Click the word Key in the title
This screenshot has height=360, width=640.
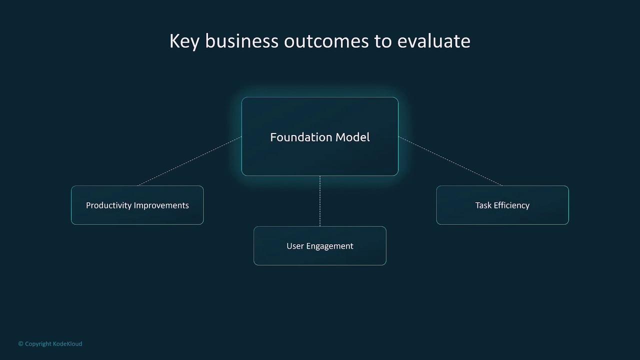click(x=184, y=41)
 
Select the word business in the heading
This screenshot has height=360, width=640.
click(x=241, y=41)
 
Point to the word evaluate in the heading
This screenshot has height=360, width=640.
click(x=433, y=41)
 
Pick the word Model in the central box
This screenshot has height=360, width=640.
click(x=352, y=137)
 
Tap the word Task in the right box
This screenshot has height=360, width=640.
click(x=483, y=205)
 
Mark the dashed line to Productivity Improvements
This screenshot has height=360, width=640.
click(x=190, y=161)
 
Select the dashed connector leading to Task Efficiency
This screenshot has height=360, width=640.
click(x=450, y=161)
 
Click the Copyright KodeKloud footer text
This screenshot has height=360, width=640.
click(x=50, y=344)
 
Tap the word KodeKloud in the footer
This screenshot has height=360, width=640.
click(x=67, y=344)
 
